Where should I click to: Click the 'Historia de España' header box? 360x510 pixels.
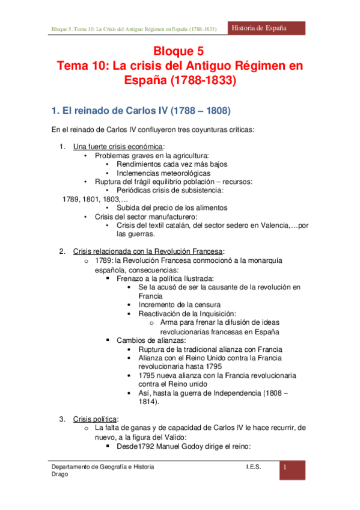[x=268, y=28]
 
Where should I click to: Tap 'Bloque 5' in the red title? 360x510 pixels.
[x=180, y=52]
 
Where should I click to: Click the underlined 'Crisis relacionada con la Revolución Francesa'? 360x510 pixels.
[x=148, y=251]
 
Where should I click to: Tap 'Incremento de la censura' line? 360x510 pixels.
[x=179, y=304]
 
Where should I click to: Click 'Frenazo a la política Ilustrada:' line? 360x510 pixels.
[x=166, y=278]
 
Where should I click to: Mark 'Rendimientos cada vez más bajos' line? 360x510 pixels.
[x=172, y=164]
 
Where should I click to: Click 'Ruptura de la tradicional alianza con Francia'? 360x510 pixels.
[x=210, y=349]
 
